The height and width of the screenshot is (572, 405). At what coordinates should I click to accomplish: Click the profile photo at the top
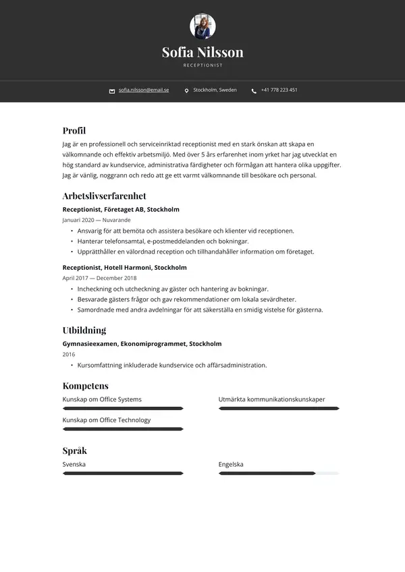pos(202,26)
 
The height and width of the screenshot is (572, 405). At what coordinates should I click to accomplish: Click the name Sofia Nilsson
pos(202,52)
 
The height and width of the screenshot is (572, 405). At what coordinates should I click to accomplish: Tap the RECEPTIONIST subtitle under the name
pos(202,65)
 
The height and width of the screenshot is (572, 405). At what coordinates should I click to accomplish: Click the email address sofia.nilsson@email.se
pos(144,90)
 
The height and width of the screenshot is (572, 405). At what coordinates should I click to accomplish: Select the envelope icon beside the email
pos(112,90)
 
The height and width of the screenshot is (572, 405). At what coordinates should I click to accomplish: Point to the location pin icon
pos(186,90)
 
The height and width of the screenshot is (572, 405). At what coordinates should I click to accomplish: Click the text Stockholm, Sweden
pos(215,90)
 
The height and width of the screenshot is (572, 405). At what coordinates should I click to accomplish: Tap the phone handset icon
pos(254,90)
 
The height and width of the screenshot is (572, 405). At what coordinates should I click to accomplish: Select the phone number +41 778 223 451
pos(279,90)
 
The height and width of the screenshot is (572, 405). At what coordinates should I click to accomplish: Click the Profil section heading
pos(74,131)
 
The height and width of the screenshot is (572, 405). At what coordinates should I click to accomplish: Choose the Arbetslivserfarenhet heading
pos(104,196)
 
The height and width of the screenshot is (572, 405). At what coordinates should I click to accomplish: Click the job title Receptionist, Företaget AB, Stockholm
pos(121,210)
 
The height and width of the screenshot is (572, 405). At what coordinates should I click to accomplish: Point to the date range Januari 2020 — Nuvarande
pos(97,220)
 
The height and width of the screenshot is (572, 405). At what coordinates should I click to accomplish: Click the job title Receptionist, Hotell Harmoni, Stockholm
pos(124,267)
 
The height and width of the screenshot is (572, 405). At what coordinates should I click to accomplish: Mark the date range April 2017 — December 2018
pos(99,277)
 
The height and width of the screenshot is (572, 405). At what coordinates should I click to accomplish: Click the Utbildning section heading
pos(84,330)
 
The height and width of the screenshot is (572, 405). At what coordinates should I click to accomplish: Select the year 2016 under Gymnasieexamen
pos(69,354)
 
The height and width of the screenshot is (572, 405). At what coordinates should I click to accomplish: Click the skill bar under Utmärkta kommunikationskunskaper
pos(279,408)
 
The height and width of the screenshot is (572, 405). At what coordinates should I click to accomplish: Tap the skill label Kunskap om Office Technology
pos(107,420)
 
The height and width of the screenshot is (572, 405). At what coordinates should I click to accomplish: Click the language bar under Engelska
pos(279,474)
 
